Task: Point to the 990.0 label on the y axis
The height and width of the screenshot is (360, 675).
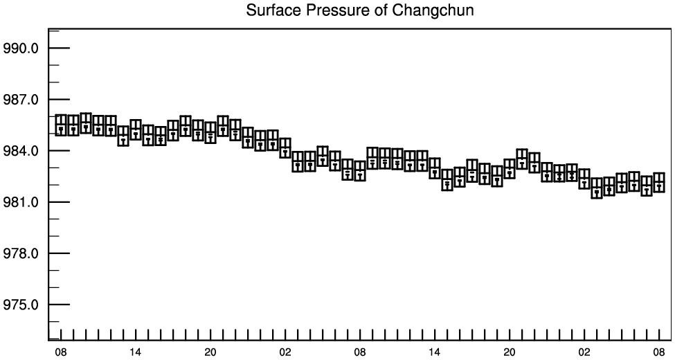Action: click(x=20, y=48)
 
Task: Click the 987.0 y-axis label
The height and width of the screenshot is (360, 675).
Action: click(x=20, y=100)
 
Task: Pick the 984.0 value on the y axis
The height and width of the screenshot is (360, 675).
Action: click(x=20, y=151)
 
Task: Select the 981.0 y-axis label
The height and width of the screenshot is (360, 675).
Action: click(x=20, y=202)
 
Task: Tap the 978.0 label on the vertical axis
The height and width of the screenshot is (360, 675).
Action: click(x=20, y=253)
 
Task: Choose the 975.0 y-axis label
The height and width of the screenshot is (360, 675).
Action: click(x=20, y=305)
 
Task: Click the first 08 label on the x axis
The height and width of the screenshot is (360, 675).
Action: click(x=61, y=352)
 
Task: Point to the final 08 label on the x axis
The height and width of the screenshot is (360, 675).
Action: click(x=659, y=352)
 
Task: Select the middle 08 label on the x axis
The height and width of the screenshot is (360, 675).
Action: click(x=360, y=352)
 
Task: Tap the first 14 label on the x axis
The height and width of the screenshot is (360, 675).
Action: click(x=135, y=352)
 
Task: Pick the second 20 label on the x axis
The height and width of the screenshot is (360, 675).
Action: click(x=510, y=352)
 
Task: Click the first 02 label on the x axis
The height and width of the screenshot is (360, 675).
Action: click(x=285, y=352)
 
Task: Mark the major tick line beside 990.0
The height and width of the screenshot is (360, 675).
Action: click(x=59, y=48)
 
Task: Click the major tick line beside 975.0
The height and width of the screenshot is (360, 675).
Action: click(x=59, y=305)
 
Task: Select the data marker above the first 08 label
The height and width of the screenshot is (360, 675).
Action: click(x=61, y=125)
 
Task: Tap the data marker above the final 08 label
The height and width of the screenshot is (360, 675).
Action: click(x=659, y=182)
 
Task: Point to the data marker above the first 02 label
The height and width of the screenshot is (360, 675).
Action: click(x=285, y=148)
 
